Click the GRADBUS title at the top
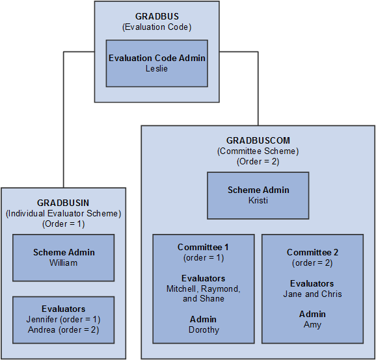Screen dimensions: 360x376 click(157, 16)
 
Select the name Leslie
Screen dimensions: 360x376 click(157, 68)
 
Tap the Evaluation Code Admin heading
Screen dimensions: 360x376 click(157, 58)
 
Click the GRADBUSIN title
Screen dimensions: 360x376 click(64, 203)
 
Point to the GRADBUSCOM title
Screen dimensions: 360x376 click(258, 140)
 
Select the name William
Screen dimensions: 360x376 click(64, 263)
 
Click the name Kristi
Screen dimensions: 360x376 click(258, 200)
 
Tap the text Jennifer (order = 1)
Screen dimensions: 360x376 click(64, 319)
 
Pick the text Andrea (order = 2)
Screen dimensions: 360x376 click(64, 329)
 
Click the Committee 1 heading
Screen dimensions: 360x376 click(203, 247)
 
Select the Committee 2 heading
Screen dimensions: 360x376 click(312, 252)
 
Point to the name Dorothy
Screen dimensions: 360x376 click(203, 329)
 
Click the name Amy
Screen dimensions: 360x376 click(312, 324)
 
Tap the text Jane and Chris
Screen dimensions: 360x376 click(312, 294)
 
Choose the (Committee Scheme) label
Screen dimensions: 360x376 click(258, 151)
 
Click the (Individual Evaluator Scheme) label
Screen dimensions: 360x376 click(64, 213)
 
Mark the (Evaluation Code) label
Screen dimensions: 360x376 click(157, 27)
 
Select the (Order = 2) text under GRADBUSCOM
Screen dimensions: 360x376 click(258, 161)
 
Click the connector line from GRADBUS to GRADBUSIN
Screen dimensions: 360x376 click(63, 117)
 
